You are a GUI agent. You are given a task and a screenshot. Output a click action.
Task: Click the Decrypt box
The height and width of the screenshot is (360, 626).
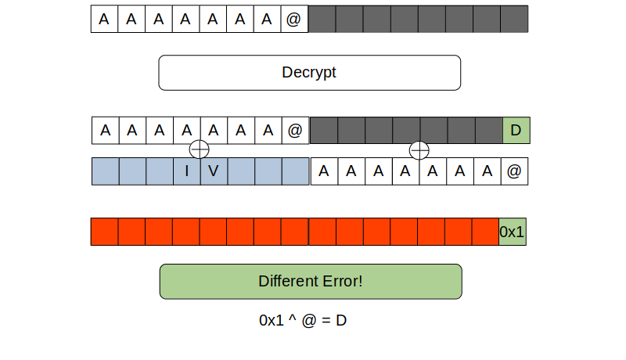click(309, 73)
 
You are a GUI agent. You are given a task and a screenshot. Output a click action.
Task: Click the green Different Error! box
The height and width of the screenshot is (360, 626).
click(311, 281)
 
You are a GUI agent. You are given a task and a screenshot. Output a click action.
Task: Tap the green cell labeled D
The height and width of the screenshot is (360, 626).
click(516, 131)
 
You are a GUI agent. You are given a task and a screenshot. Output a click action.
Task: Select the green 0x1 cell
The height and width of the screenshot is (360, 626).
click(513, 232)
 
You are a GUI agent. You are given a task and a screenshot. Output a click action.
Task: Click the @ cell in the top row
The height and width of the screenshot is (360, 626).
click(293, 20)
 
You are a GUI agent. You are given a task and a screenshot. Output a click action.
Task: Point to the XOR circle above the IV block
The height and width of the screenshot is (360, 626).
click(200, 149)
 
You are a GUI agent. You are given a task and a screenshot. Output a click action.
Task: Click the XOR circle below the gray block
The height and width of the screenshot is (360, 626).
click(419, 149)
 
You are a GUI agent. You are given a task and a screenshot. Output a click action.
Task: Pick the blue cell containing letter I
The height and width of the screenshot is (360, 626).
click(187, 171)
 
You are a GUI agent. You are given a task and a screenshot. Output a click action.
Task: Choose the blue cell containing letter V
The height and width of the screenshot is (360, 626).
click(214, 171)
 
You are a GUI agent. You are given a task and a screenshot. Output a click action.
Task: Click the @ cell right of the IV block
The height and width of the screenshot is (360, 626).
click(514, 171)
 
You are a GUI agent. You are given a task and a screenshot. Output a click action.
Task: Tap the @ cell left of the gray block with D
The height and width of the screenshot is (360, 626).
click(294, 131)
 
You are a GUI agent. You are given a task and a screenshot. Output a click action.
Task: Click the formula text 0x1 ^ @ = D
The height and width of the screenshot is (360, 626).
click(304, 321)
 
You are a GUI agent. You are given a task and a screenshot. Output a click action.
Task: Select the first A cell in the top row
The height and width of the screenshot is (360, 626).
click(104, 20)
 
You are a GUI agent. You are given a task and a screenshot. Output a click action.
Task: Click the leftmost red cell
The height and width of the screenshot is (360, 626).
click(104, 232)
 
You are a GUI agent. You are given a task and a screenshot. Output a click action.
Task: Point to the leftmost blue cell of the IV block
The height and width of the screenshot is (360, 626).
click(106, 171)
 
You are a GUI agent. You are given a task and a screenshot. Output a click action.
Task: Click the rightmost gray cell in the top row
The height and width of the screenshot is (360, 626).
click(514, 20)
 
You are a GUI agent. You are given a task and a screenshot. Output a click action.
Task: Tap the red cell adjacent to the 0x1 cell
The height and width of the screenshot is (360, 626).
click(485, 232)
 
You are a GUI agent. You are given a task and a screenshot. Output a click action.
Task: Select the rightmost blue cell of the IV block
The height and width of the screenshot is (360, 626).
click(295, 171)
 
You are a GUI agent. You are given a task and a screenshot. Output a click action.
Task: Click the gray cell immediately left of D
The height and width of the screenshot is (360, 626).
click(488, 131)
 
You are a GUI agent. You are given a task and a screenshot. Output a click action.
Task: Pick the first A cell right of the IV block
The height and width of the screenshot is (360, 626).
click(324, 171)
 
